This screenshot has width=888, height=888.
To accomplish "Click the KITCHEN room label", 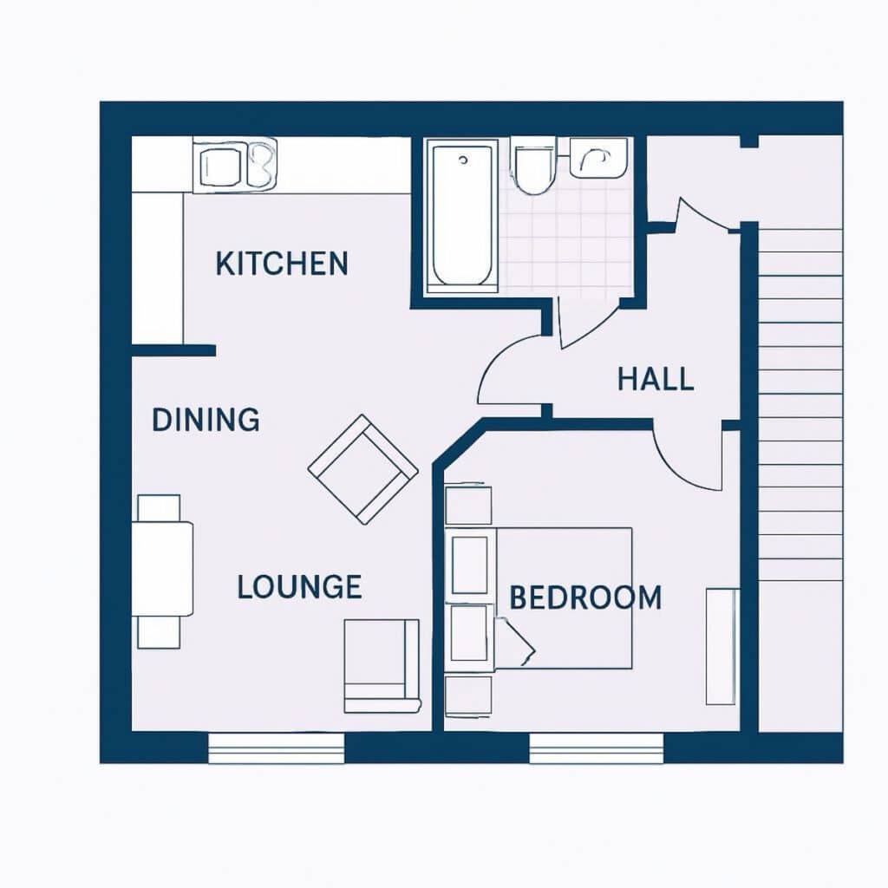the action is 282,264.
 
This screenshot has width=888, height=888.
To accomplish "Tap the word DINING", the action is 206,420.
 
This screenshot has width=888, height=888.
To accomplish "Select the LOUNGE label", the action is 299,587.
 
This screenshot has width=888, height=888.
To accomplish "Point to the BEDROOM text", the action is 585,597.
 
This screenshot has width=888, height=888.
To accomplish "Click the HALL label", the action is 656,379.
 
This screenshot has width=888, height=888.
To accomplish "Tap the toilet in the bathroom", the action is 533,166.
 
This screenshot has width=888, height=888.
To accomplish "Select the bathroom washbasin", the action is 598,157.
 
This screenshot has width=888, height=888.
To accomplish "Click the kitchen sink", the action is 235,164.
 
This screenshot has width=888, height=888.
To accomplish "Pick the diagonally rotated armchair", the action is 363,469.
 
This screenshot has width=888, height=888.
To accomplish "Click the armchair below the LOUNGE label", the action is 382,666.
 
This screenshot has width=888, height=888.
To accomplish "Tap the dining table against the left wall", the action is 162,569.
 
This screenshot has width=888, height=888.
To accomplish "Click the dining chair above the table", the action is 160,508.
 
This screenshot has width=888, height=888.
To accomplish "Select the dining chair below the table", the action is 160,632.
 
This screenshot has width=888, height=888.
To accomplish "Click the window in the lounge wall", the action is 277,748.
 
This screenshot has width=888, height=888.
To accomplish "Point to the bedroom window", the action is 596,748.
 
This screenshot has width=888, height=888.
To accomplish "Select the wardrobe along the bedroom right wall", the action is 722,646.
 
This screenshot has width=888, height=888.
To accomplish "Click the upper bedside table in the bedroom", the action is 467,504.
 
